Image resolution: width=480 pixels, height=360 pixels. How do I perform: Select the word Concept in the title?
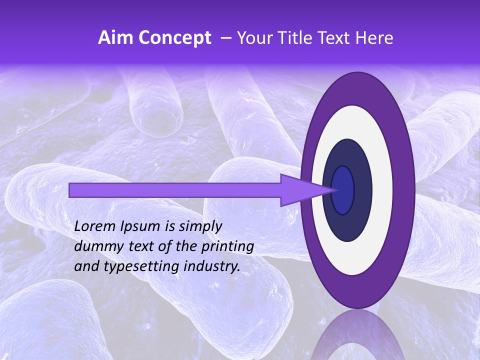pos(174,38)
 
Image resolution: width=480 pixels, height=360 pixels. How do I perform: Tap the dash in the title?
pos(225,38)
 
